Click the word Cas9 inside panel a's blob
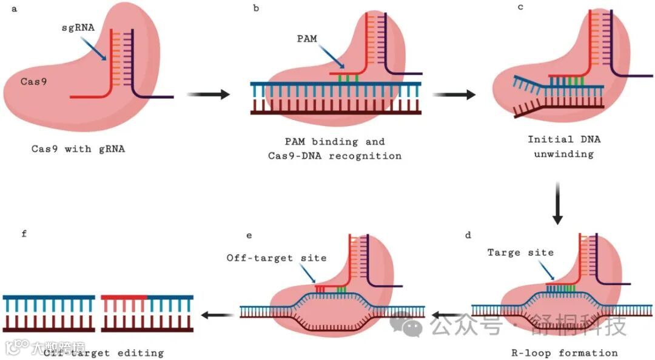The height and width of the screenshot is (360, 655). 31,81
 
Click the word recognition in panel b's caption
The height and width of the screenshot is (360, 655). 371,156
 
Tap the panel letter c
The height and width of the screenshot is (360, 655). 520,7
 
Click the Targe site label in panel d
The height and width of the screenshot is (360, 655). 520,252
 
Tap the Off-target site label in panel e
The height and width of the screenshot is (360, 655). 277,258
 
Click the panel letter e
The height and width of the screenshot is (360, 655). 249,234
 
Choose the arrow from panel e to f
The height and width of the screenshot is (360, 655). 218,314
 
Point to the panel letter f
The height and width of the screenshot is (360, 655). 24,234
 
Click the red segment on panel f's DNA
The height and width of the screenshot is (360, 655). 124,297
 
